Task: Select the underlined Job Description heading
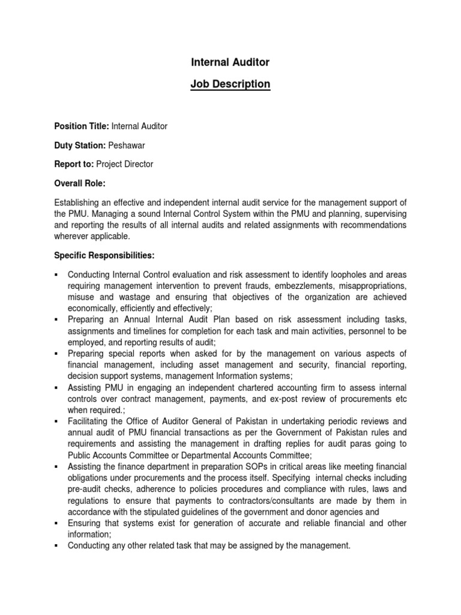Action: tap(230, 84)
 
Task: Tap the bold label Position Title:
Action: tap(81, 126)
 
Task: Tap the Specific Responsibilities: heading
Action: tap(104, 256)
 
